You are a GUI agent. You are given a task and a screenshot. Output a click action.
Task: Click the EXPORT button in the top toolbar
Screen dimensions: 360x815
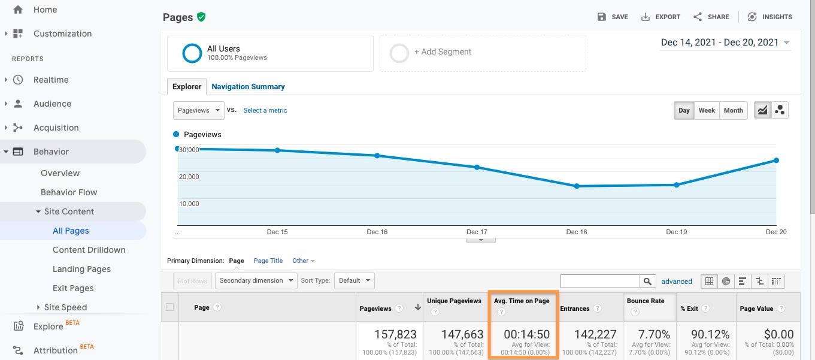pos(661,17)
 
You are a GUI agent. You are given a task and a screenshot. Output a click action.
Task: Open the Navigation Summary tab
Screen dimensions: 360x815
pos(248,86)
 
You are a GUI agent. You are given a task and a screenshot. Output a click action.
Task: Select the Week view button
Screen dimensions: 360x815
pos(707,110)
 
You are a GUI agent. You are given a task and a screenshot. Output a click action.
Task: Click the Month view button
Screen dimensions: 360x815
pos(733,110)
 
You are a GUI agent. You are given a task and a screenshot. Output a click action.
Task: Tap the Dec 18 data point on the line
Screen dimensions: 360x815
pos(577,186)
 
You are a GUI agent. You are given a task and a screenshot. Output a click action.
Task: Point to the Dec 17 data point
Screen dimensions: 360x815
pos(477,167)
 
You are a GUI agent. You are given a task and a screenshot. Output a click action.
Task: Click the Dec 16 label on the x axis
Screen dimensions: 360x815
pos(377,232)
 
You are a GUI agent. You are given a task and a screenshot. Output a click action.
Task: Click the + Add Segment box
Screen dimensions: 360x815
pos(483,53)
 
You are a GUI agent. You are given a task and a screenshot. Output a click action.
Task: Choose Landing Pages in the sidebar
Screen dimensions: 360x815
pos(81,269)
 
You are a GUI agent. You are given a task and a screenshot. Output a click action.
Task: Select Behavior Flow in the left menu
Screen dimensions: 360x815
pos(69,192)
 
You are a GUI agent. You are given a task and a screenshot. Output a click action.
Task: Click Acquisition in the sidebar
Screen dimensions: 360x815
pos(56,128)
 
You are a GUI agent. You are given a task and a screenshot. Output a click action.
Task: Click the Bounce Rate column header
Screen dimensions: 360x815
pos(646,301)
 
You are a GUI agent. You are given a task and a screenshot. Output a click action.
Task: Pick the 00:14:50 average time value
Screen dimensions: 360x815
pos(527,335)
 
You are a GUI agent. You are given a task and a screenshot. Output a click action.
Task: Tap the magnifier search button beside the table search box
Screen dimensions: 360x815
pos(647,281)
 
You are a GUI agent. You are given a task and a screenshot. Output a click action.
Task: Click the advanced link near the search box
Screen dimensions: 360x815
pos(677,281)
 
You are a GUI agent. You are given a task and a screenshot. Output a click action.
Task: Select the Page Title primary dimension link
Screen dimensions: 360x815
pos(268,261)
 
